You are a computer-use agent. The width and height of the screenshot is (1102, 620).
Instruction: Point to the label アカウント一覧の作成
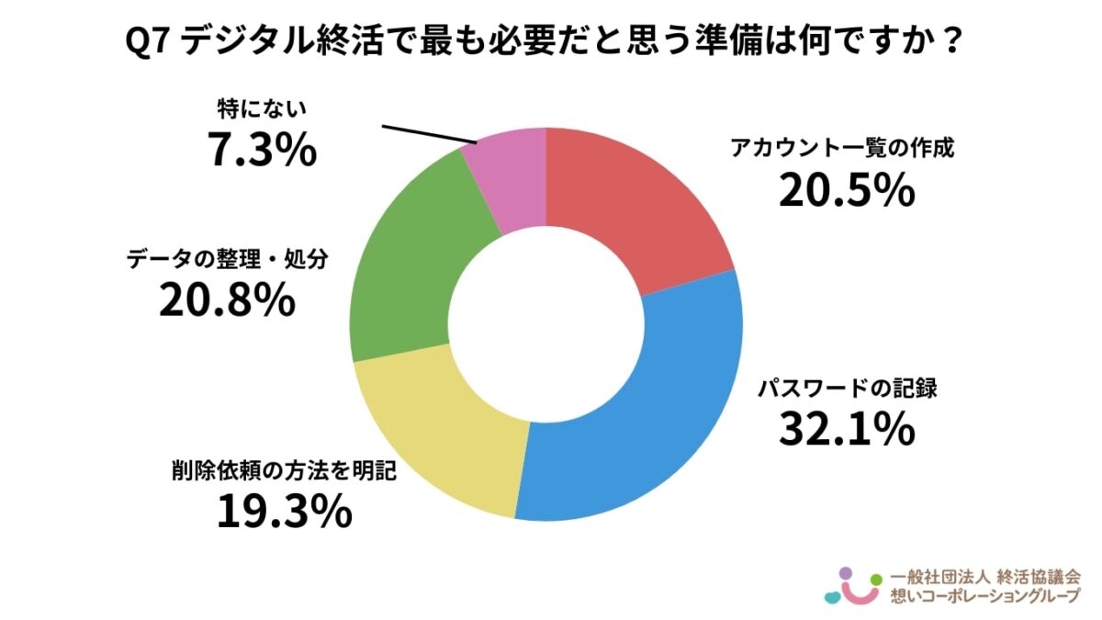pyautogui.click(x=843, y=149)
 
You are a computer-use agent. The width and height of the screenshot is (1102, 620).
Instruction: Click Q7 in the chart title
pyautogui.click(x=146, y=42)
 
